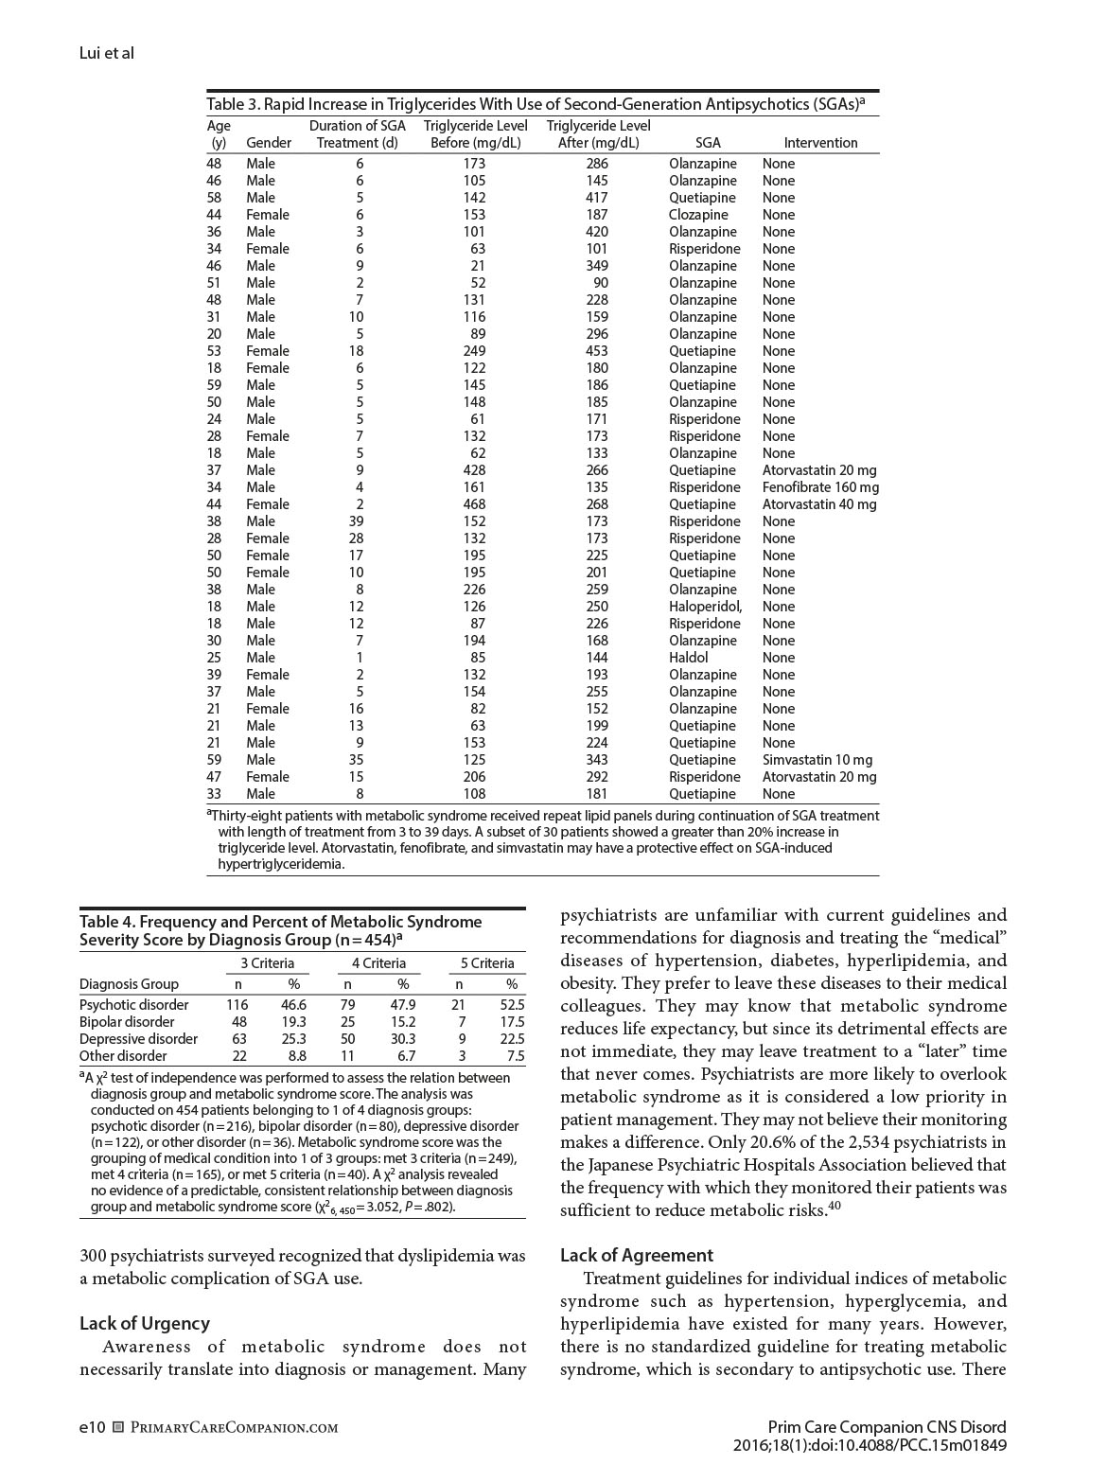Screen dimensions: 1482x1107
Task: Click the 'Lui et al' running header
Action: [x=106, y=53]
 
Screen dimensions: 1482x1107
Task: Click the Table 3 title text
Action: [x=536, y=104]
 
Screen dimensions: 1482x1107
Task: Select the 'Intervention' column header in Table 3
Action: [x=820, y=143]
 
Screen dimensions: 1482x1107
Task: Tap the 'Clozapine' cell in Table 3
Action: [x=698, y=215]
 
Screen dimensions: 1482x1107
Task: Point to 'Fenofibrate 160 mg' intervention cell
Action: [x=820, y=487]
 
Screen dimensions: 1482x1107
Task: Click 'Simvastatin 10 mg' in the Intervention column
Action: [x=817, y=760]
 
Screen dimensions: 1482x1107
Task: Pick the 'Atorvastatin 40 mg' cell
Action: [x=819, y=504]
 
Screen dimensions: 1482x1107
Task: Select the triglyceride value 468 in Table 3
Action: [x=474, y=504]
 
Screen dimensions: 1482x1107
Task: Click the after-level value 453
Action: [x=597, y=351]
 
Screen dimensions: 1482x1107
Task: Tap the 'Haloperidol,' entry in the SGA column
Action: [x=705, y=607]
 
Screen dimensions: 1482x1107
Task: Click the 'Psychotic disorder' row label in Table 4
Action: [x=134, y=1005]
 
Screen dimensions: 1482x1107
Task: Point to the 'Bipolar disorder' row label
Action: [x=127, y=1022]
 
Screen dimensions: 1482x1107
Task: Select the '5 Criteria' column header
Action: [x=487, y=963]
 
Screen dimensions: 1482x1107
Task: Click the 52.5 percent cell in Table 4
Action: [x=512, y=1005]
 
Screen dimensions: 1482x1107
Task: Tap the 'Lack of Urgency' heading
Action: [x=145, y=1324]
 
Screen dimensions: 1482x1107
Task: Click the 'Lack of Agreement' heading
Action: [x=636, y=1256]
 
